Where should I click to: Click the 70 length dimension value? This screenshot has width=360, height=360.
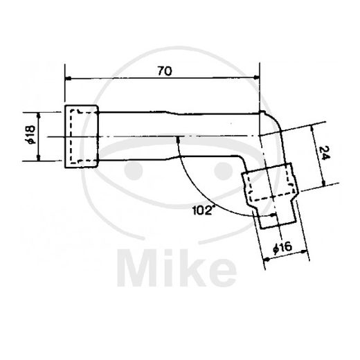(x=165, y=71)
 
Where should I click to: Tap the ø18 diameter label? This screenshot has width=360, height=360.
(x=30, y=135)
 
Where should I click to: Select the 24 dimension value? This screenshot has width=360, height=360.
(x=325, y=153)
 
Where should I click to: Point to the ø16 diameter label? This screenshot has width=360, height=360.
(x=282, y=248)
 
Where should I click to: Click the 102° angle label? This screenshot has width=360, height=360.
(x=202, y=210)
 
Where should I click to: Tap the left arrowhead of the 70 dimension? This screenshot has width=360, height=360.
(x=68, y=78)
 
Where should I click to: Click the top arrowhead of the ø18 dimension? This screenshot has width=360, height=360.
(x=39, y=115)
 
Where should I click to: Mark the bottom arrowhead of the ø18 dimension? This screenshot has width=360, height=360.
(x=38, y=158)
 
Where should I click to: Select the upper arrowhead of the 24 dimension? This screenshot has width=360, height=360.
(x=313, y=128)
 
